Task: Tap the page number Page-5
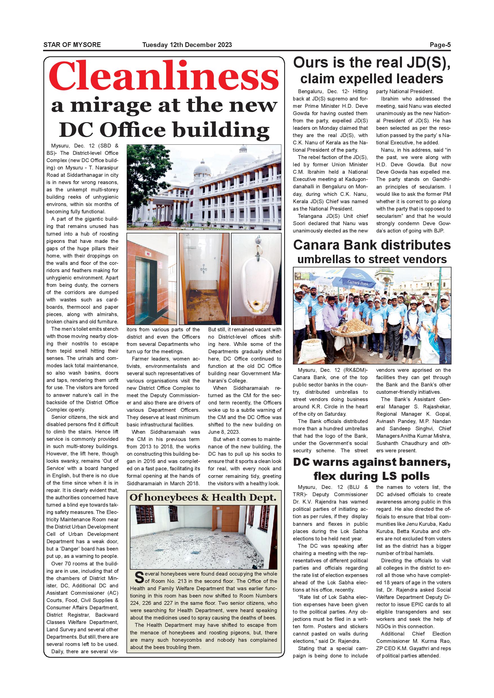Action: pos(440,45)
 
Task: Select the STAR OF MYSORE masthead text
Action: pos(72,45)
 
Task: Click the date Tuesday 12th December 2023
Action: pos(187,45)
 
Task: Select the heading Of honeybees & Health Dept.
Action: pos(203,497)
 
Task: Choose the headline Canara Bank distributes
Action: pos(372,245)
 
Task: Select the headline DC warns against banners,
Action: pos(372,462)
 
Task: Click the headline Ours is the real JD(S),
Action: pos(372,63)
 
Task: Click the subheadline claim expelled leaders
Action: pos(372,79)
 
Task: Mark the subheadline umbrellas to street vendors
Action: pos(372,259)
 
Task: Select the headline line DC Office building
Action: pos(164,130)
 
